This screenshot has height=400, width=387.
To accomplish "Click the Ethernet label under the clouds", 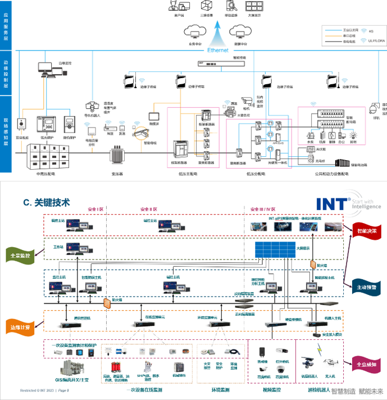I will pos(218,51).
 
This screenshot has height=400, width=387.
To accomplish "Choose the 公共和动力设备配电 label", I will pos(331,174).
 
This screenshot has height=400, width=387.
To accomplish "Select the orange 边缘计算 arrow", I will pos(21,326).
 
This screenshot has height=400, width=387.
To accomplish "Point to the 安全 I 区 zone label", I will pos(95,209).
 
